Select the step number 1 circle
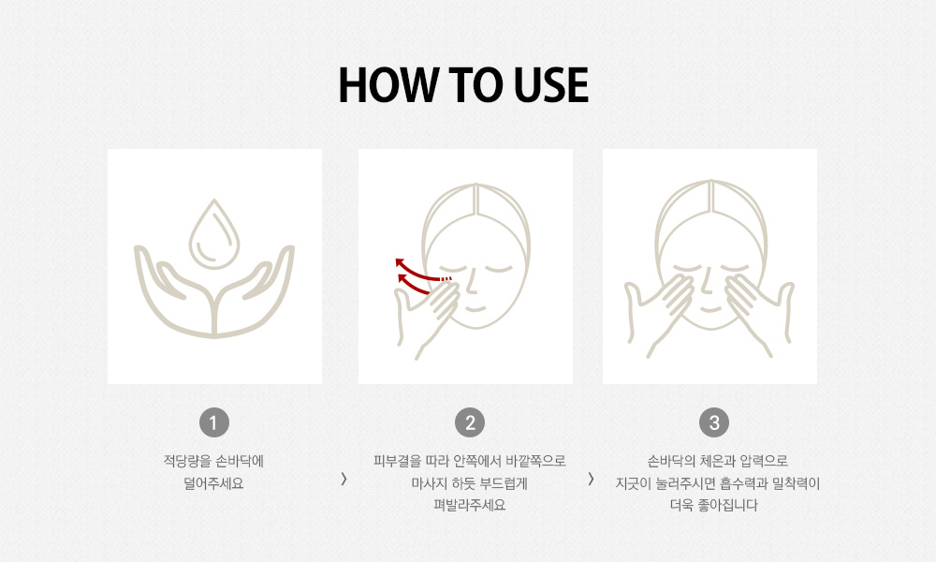coord(214,422)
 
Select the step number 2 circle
coord(470,422)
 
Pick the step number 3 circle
coord(714,422)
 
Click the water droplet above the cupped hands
coord(214,235)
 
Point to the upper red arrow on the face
coord(421,270)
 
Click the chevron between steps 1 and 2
coord(344,479)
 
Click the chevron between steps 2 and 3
coord(591,479)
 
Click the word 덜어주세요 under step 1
coord(213,483)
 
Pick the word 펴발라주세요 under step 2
coord(470,505)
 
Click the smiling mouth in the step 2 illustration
coord(475,309)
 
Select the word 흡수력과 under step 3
coord(744,483)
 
